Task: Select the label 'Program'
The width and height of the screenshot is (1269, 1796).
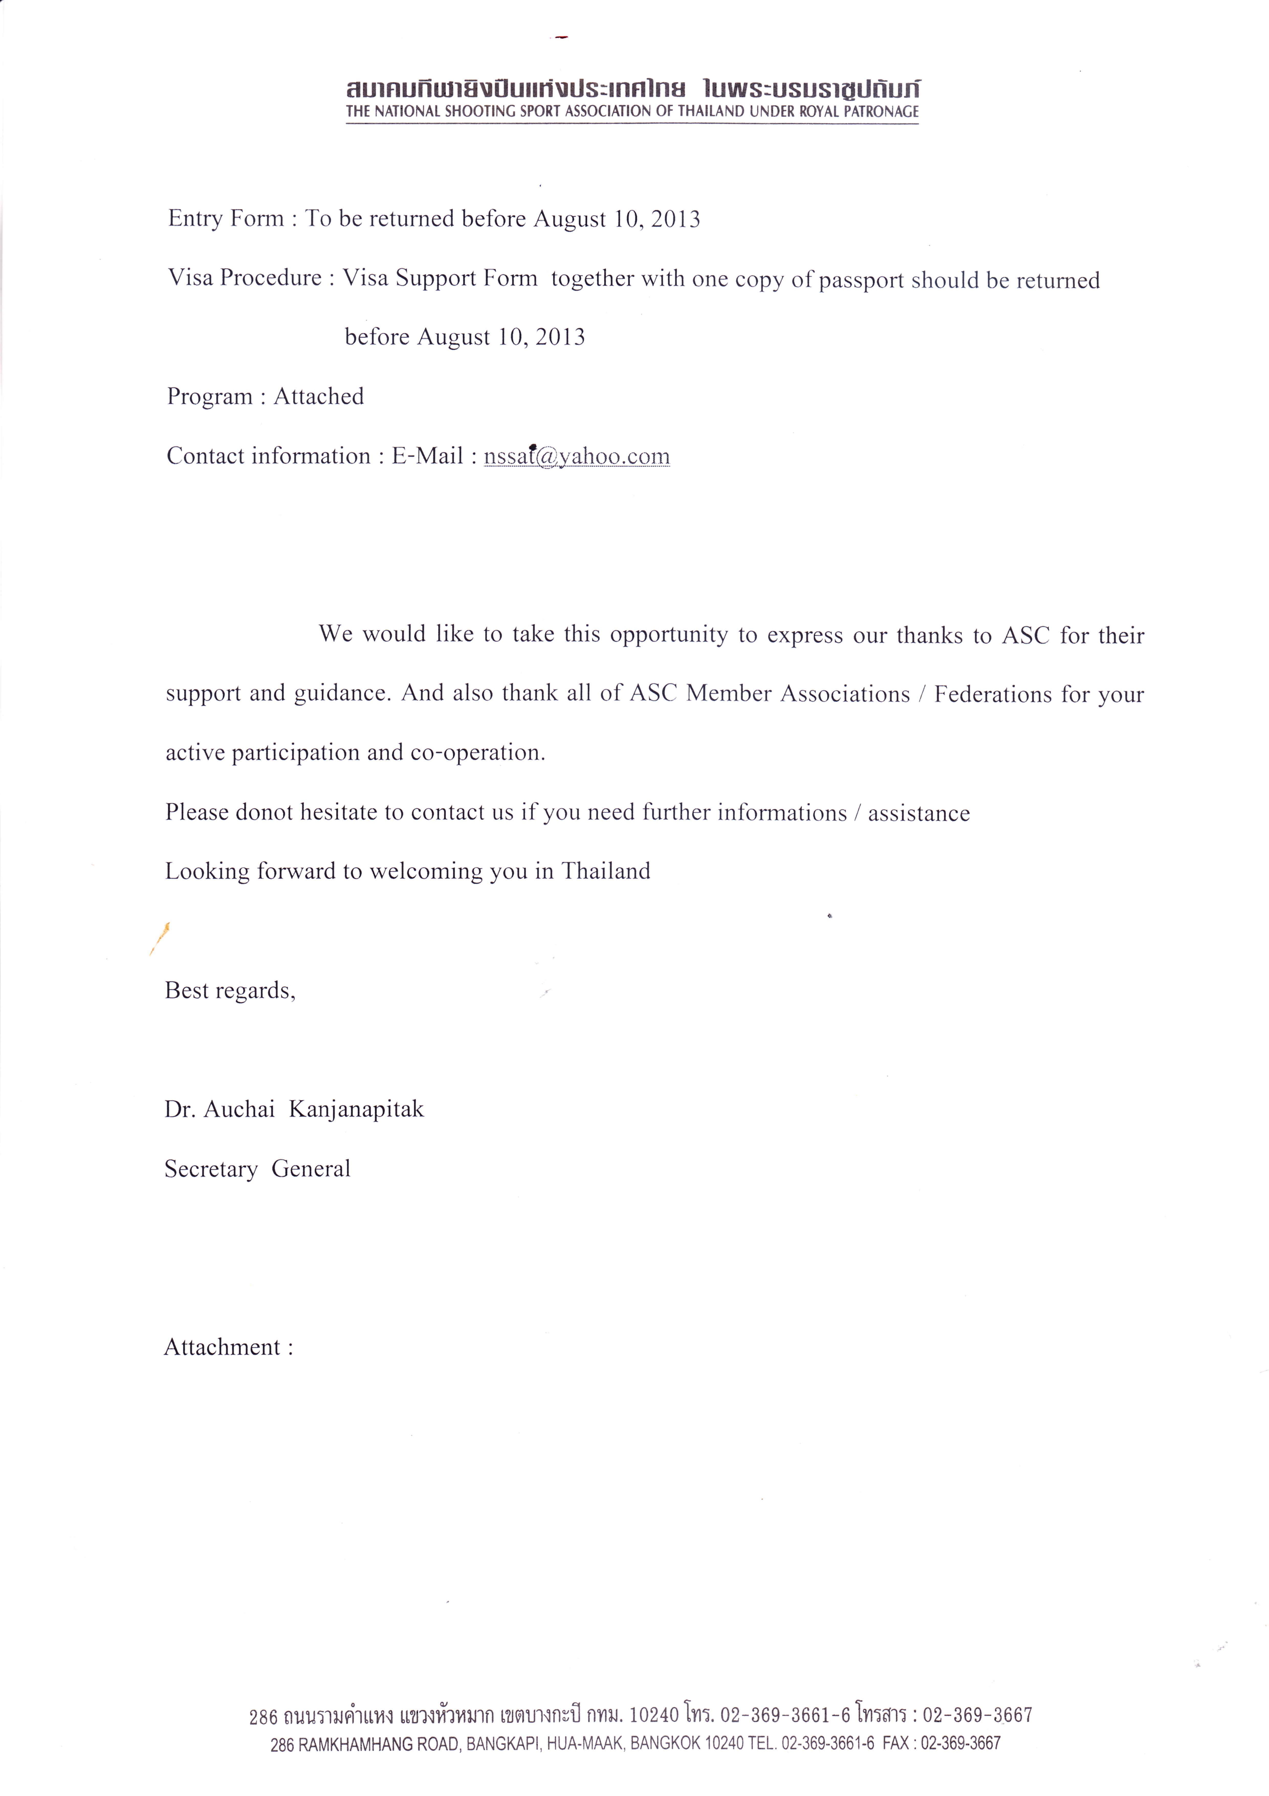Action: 210,397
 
